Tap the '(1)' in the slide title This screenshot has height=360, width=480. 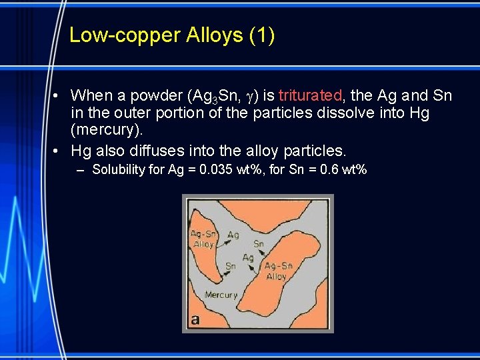tap(261, 35)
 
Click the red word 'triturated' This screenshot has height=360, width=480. tap(309, 95)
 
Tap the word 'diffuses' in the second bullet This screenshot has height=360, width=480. tap(157, 150)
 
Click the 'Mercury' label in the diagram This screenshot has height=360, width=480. tap(221, 295)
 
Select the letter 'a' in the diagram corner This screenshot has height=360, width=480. tap(195, 319)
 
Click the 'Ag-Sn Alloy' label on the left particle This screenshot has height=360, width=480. tap(203, 239)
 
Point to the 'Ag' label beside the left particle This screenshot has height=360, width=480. tap(233, 235)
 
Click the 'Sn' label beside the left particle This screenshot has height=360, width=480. tap(230, 266)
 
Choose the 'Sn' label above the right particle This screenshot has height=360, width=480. tap(259, 244)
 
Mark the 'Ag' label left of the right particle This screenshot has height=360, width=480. tap(248, 257)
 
